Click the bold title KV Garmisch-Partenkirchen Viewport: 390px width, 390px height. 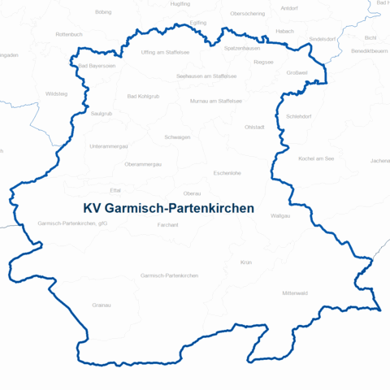(169, 209)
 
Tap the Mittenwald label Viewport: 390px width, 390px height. (295, 292)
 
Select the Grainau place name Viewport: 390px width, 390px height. (102, 305)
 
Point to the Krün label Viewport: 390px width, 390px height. (246, 262)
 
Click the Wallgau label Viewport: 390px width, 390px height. (303, 215)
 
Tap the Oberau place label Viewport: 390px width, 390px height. (193, 193)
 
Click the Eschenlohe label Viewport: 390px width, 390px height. (227, 173)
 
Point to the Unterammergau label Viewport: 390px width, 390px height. (109, 146)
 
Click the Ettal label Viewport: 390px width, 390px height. (115, 190)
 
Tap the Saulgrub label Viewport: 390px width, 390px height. (102, 113)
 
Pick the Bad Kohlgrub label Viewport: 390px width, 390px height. (144, 96)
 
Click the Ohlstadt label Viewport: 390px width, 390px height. (254, 127)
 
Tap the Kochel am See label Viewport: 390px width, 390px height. (316, 158)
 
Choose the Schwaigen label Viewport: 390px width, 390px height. (177, 137)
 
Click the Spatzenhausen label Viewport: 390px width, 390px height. (241, 48)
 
